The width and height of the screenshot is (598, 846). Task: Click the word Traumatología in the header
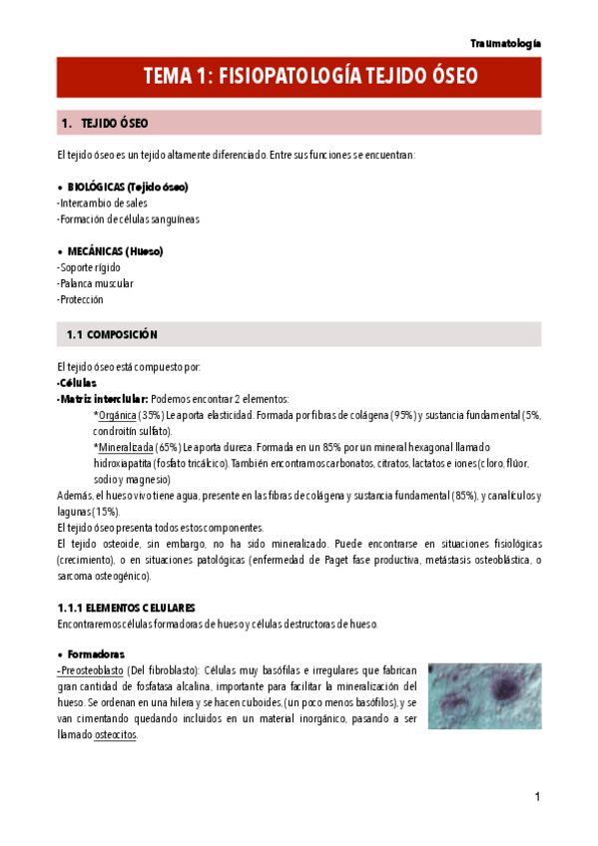(506, 43)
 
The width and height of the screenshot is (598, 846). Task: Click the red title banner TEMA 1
(299, 77)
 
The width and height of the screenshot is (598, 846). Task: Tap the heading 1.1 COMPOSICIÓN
(112, 334)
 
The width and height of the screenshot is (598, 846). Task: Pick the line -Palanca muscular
(95, 283)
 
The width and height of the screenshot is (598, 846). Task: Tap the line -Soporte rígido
(90, 267)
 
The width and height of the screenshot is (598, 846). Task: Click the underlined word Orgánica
(120, 414)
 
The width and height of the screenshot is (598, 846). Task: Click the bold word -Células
(77, 382)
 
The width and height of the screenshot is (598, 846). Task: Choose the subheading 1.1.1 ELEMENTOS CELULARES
(126, 608)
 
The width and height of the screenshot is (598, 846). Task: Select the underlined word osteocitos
(116, 734)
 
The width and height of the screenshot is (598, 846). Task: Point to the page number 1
(536, 796)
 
